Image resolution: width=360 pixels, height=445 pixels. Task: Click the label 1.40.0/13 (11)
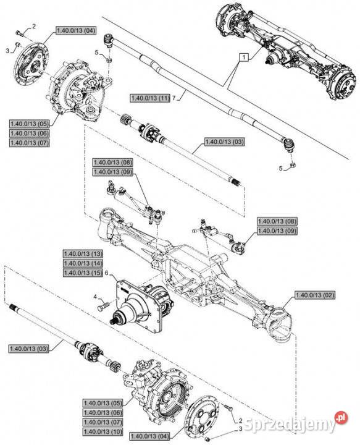click(x=150, y=98)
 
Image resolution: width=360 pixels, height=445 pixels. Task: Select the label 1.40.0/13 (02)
click(x=315, y=295)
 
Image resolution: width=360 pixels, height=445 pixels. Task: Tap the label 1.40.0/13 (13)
click(x=83, y=254)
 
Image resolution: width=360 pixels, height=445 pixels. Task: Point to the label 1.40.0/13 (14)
click(x=83, y=263)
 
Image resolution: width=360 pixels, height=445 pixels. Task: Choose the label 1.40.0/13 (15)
click(x=83, y=273)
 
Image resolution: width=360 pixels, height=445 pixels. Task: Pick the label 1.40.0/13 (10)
click(x=103, y=431)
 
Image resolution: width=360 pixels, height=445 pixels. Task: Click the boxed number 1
click(x=244, y=57)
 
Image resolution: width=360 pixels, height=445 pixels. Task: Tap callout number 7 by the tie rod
click(x=174, y=98)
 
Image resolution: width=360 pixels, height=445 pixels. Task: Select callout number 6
click(x=107, y=273)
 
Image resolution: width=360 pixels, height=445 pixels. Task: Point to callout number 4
click(x=95, y=297)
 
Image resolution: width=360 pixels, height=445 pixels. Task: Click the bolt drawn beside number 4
click(x=104, y=307)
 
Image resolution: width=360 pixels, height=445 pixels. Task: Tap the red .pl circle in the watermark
click(x=341, y=418)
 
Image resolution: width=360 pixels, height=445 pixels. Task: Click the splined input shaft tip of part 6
click(x=114, y=321)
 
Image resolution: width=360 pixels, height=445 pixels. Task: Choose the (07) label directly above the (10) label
click(x=103, y=422)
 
